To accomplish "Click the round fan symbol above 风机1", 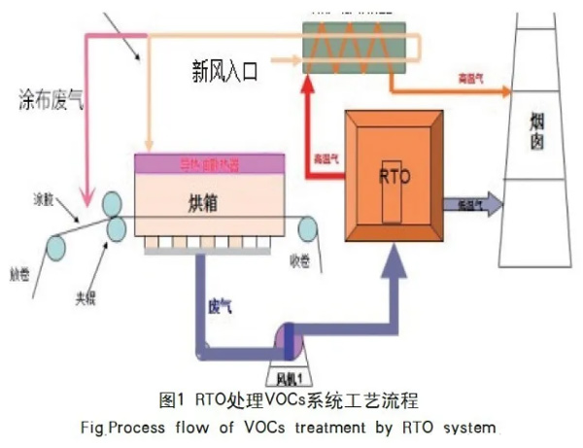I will (291, 337).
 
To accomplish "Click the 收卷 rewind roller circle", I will (310, 229).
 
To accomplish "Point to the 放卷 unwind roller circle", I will (56, 246).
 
